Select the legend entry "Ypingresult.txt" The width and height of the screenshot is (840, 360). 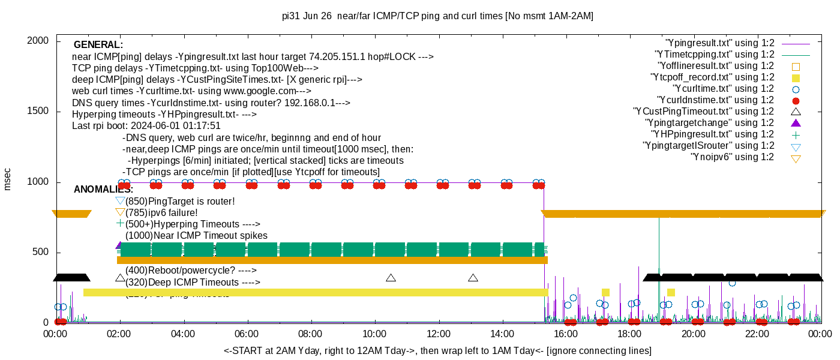(720, 43)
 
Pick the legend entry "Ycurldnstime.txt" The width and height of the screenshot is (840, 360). (716, 100)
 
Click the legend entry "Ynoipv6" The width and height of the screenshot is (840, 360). (732, 157)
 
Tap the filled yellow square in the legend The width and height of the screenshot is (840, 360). (796, 77)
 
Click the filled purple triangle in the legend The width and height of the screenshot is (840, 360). (796, 123)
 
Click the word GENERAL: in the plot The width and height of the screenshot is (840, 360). (98, 45)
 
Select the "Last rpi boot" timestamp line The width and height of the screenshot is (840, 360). (146, 126)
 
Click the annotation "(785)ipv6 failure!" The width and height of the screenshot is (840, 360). (161, 212)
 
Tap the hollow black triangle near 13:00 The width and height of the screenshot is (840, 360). (473, 278)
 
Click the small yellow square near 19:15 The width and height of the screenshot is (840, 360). (671, 292)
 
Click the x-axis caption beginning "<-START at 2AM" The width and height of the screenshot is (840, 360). (437, 350)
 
